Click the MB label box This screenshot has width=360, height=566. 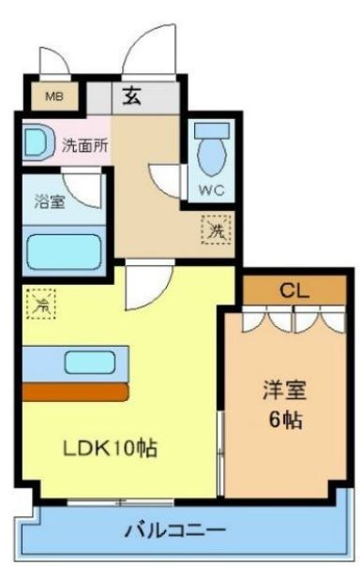pos(48,96)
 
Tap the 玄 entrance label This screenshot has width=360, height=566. pos(132,96)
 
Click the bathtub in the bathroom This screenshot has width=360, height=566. pos(64,251)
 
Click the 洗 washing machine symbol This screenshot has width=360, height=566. pos(215,227)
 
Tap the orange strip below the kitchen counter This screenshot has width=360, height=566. pos(74,390)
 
